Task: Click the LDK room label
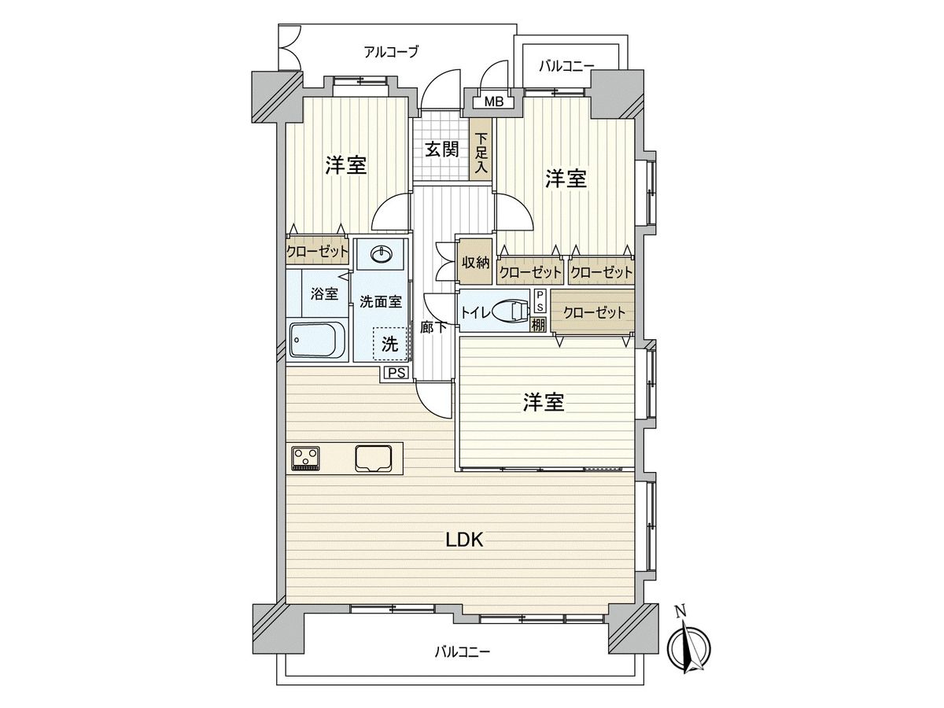(x=464, y=540)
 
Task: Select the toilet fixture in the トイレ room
(x=511, y=311)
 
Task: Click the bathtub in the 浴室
(x=317, y=340)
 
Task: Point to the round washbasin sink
(x=381, y=254)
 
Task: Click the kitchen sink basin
(x=374, y=459)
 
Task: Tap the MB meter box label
(x=494, y=102)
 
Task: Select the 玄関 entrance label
(x=442, y=149)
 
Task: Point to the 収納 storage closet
(x=475, y=262)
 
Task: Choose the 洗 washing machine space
(x=389, y=344)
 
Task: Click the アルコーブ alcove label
(x=391, y=53)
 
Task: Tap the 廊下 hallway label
(x=433, y=327)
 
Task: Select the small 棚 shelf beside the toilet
(x=538, y=324)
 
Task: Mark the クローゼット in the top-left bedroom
(x=317, y=251)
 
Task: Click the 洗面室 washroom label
(x=381, y=302)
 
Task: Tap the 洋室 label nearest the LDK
(x=544, y=402)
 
